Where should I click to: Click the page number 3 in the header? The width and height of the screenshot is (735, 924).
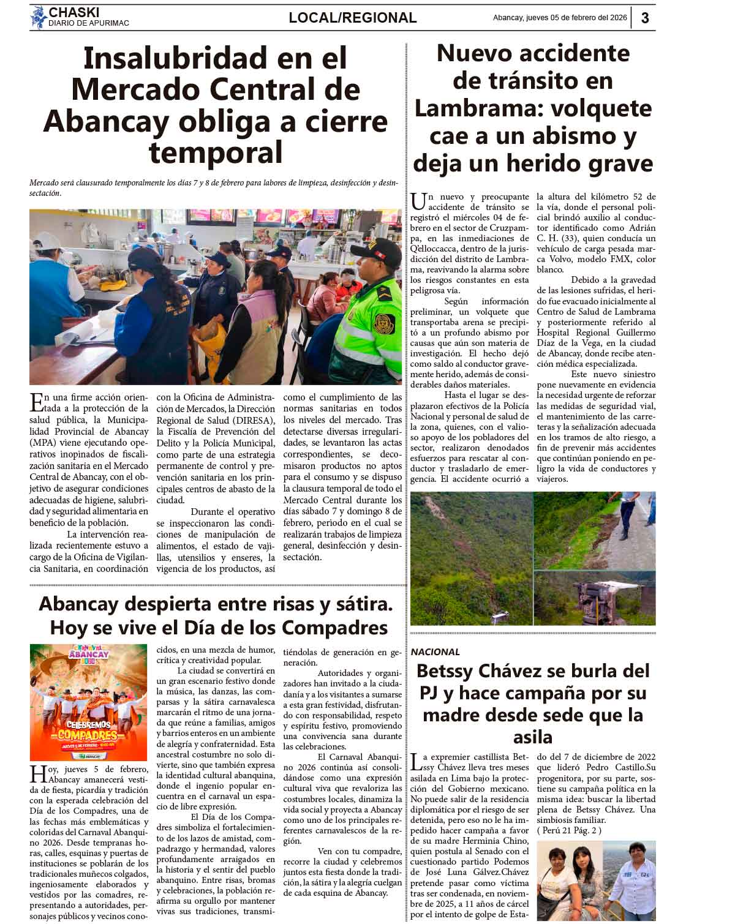[x=645, y=18]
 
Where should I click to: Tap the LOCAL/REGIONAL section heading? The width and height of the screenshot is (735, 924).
[x=352, y=18]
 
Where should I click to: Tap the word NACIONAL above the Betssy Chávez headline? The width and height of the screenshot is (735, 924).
[x=435, y=652]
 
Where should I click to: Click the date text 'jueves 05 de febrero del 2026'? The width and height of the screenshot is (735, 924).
[x=576, y=18]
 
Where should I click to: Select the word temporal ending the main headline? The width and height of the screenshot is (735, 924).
[x=216, y=152]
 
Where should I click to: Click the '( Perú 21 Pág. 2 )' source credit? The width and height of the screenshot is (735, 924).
[x=569, y=830]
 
